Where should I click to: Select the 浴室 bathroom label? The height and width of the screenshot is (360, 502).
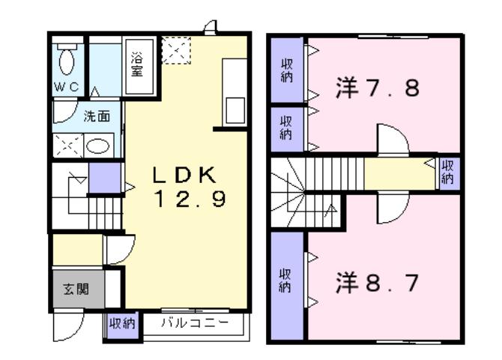(137, 64)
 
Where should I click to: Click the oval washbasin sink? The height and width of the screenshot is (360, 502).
(98, 145)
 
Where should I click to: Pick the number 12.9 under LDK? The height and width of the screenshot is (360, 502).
(187, 200)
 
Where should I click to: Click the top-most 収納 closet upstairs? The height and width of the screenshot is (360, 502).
(287, 70)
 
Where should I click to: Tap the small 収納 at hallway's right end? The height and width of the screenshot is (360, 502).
(448, 172)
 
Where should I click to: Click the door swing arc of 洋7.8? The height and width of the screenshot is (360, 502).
(392, 139)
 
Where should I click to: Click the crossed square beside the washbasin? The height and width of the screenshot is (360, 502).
(67, 145)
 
